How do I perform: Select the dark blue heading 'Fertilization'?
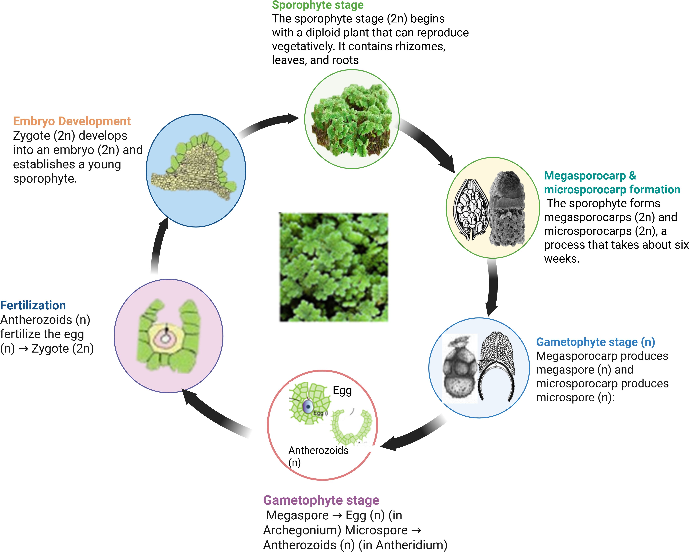33,305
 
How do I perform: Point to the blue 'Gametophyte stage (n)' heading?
595,342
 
